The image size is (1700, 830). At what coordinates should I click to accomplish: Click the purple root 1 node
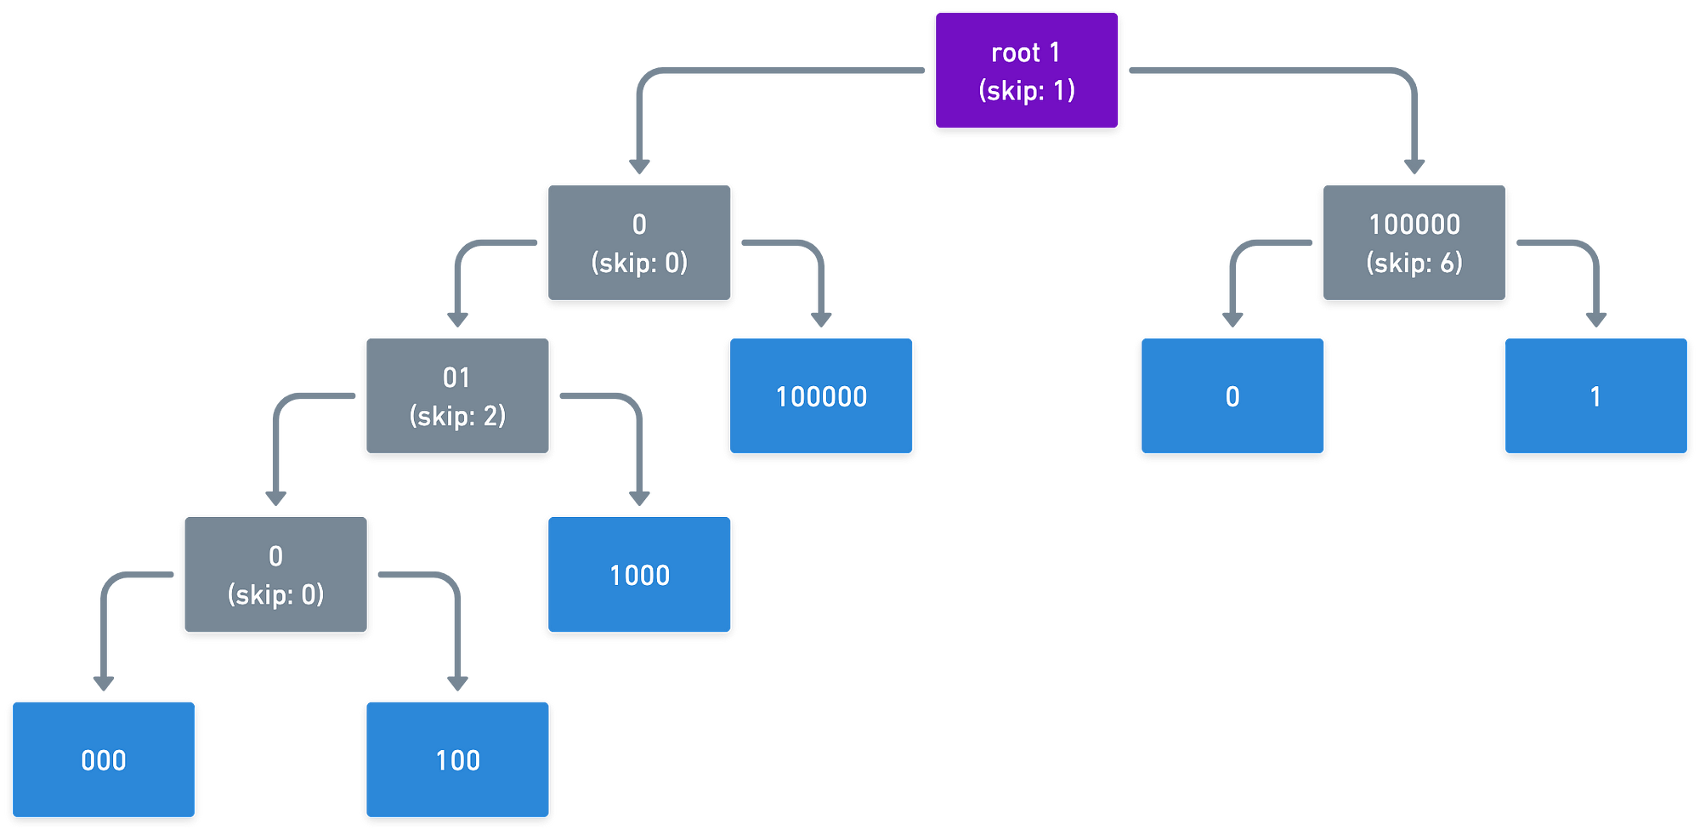pyautogui.click(x=1027, y=71)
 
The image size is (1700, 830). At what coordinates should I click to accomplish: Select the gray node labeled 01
pyautogui.click(x=457, y=396)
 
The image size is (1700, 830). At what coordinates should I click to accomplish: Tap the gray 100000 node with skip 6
pyautogui.click(x=1414, y=242)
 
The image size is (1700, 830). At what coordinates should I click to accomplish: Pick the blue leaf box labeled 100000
pyautogui.click(x=821, y=396)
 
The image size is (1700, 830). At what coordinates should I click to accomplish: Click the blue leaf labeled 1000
pyautogui.click(x=639, y=575)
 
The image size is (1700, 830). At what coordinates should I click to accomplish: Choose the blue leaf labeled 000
pyautogui.click(x=104, y=759)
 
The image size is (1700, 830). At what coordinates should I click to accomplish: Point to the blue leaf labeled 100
pyautogui.click(x=457, y=759)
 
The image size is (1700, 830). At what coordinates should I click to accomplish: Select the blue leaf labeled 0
pyautogui.click(x=1232, y=396)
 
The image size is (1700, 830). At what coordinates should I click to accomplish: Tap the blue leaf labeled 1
pyautogui.click(x=1596, y=396)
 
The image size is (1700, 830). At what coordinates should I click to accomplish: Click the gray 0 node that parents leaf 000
pyautogui.click(x=275, y=575)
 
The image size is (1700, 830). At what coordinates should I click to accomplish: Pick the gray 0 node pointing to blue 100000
pyautogui.click(x=639, y=242)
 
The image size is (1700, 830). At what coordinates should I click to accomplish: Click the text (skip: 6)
pyautogui.click(x=1414, y=263)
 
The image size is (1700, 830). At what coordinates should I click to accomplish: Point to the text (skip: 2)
pyautogui.click(x=457, y=416)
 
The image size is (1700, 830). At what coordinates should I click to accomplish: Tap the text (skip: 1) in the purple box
pyautogui.click(x=1027, y=90)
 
